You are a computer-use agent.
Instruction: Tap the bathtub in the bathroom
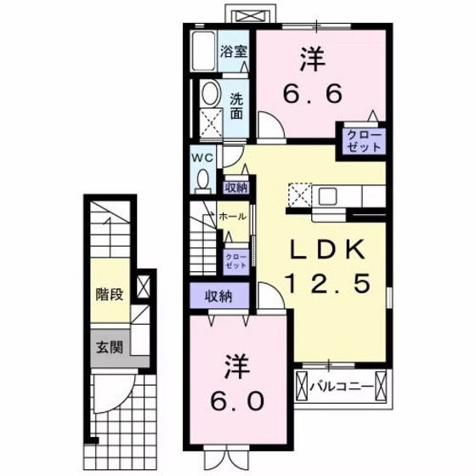[204, 54]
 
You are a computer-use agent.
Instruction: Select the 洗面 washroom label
[237, 106]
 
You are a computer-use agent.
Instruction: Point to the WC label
[202, 158]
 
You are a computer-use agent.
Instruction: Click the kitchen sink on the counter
[327, 195]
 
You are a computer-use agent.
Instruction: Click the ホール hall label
[233, 218]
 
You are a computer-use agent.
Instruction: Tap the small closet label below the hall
[235, 260]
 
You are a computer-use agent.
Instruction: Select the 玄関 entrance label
[109, 347]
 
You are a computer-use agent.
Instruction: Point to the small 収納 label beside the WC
[235, 188]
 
